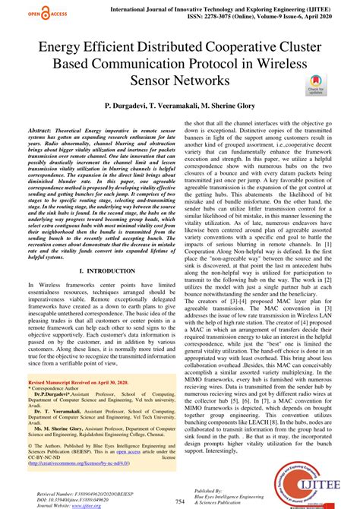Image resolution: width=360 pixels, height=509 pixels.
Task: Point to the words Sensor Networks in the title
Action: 178,80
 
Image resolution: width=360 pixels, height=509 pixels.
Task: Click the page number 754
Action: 179,501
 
